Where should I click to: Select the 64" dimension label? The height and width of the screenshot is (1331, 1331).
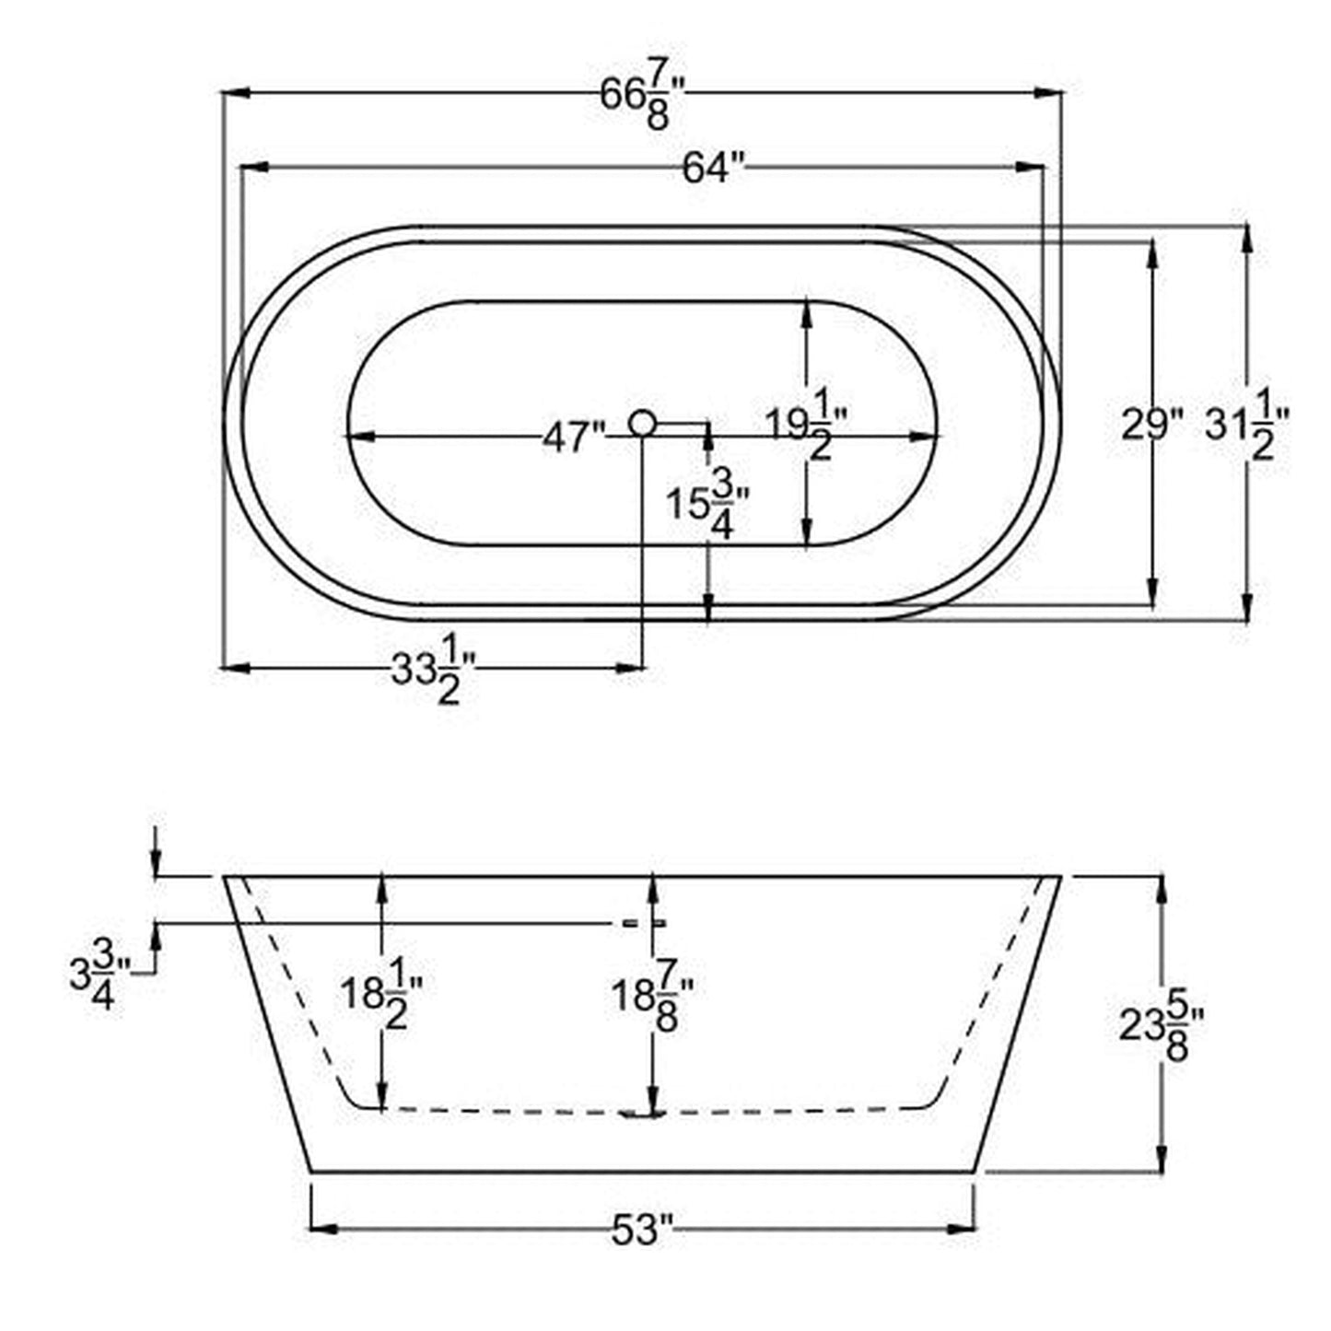[x=713, y=169]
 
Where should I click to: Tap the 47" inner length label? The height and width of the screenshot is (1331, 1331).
[x=573, y=437]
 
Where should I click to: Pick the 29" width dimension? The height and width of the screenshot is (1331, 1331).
[x=1150, y=426]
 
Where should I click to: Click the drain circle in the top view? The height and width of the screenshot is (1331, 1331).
[x=642, y=423]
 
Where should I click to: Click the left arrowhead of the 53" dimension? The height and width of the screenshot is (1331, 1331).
[x=321, y=1228]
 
